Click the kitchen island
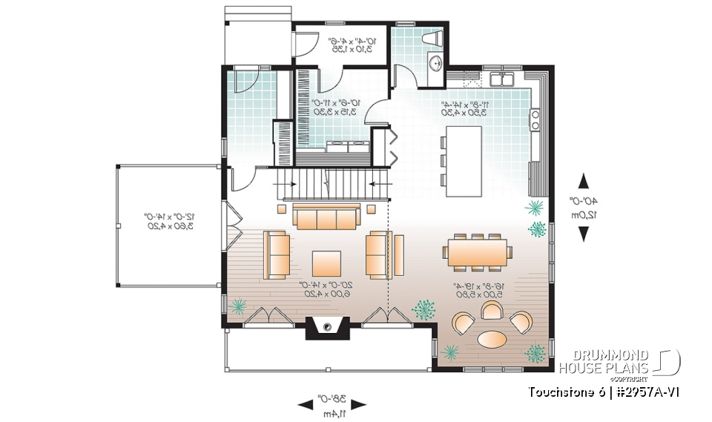pos(463,160)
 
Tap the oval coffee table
pos(492,339)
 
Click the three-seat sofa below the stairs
pos(326,217)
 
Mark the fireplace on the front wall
pos(326,328)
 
